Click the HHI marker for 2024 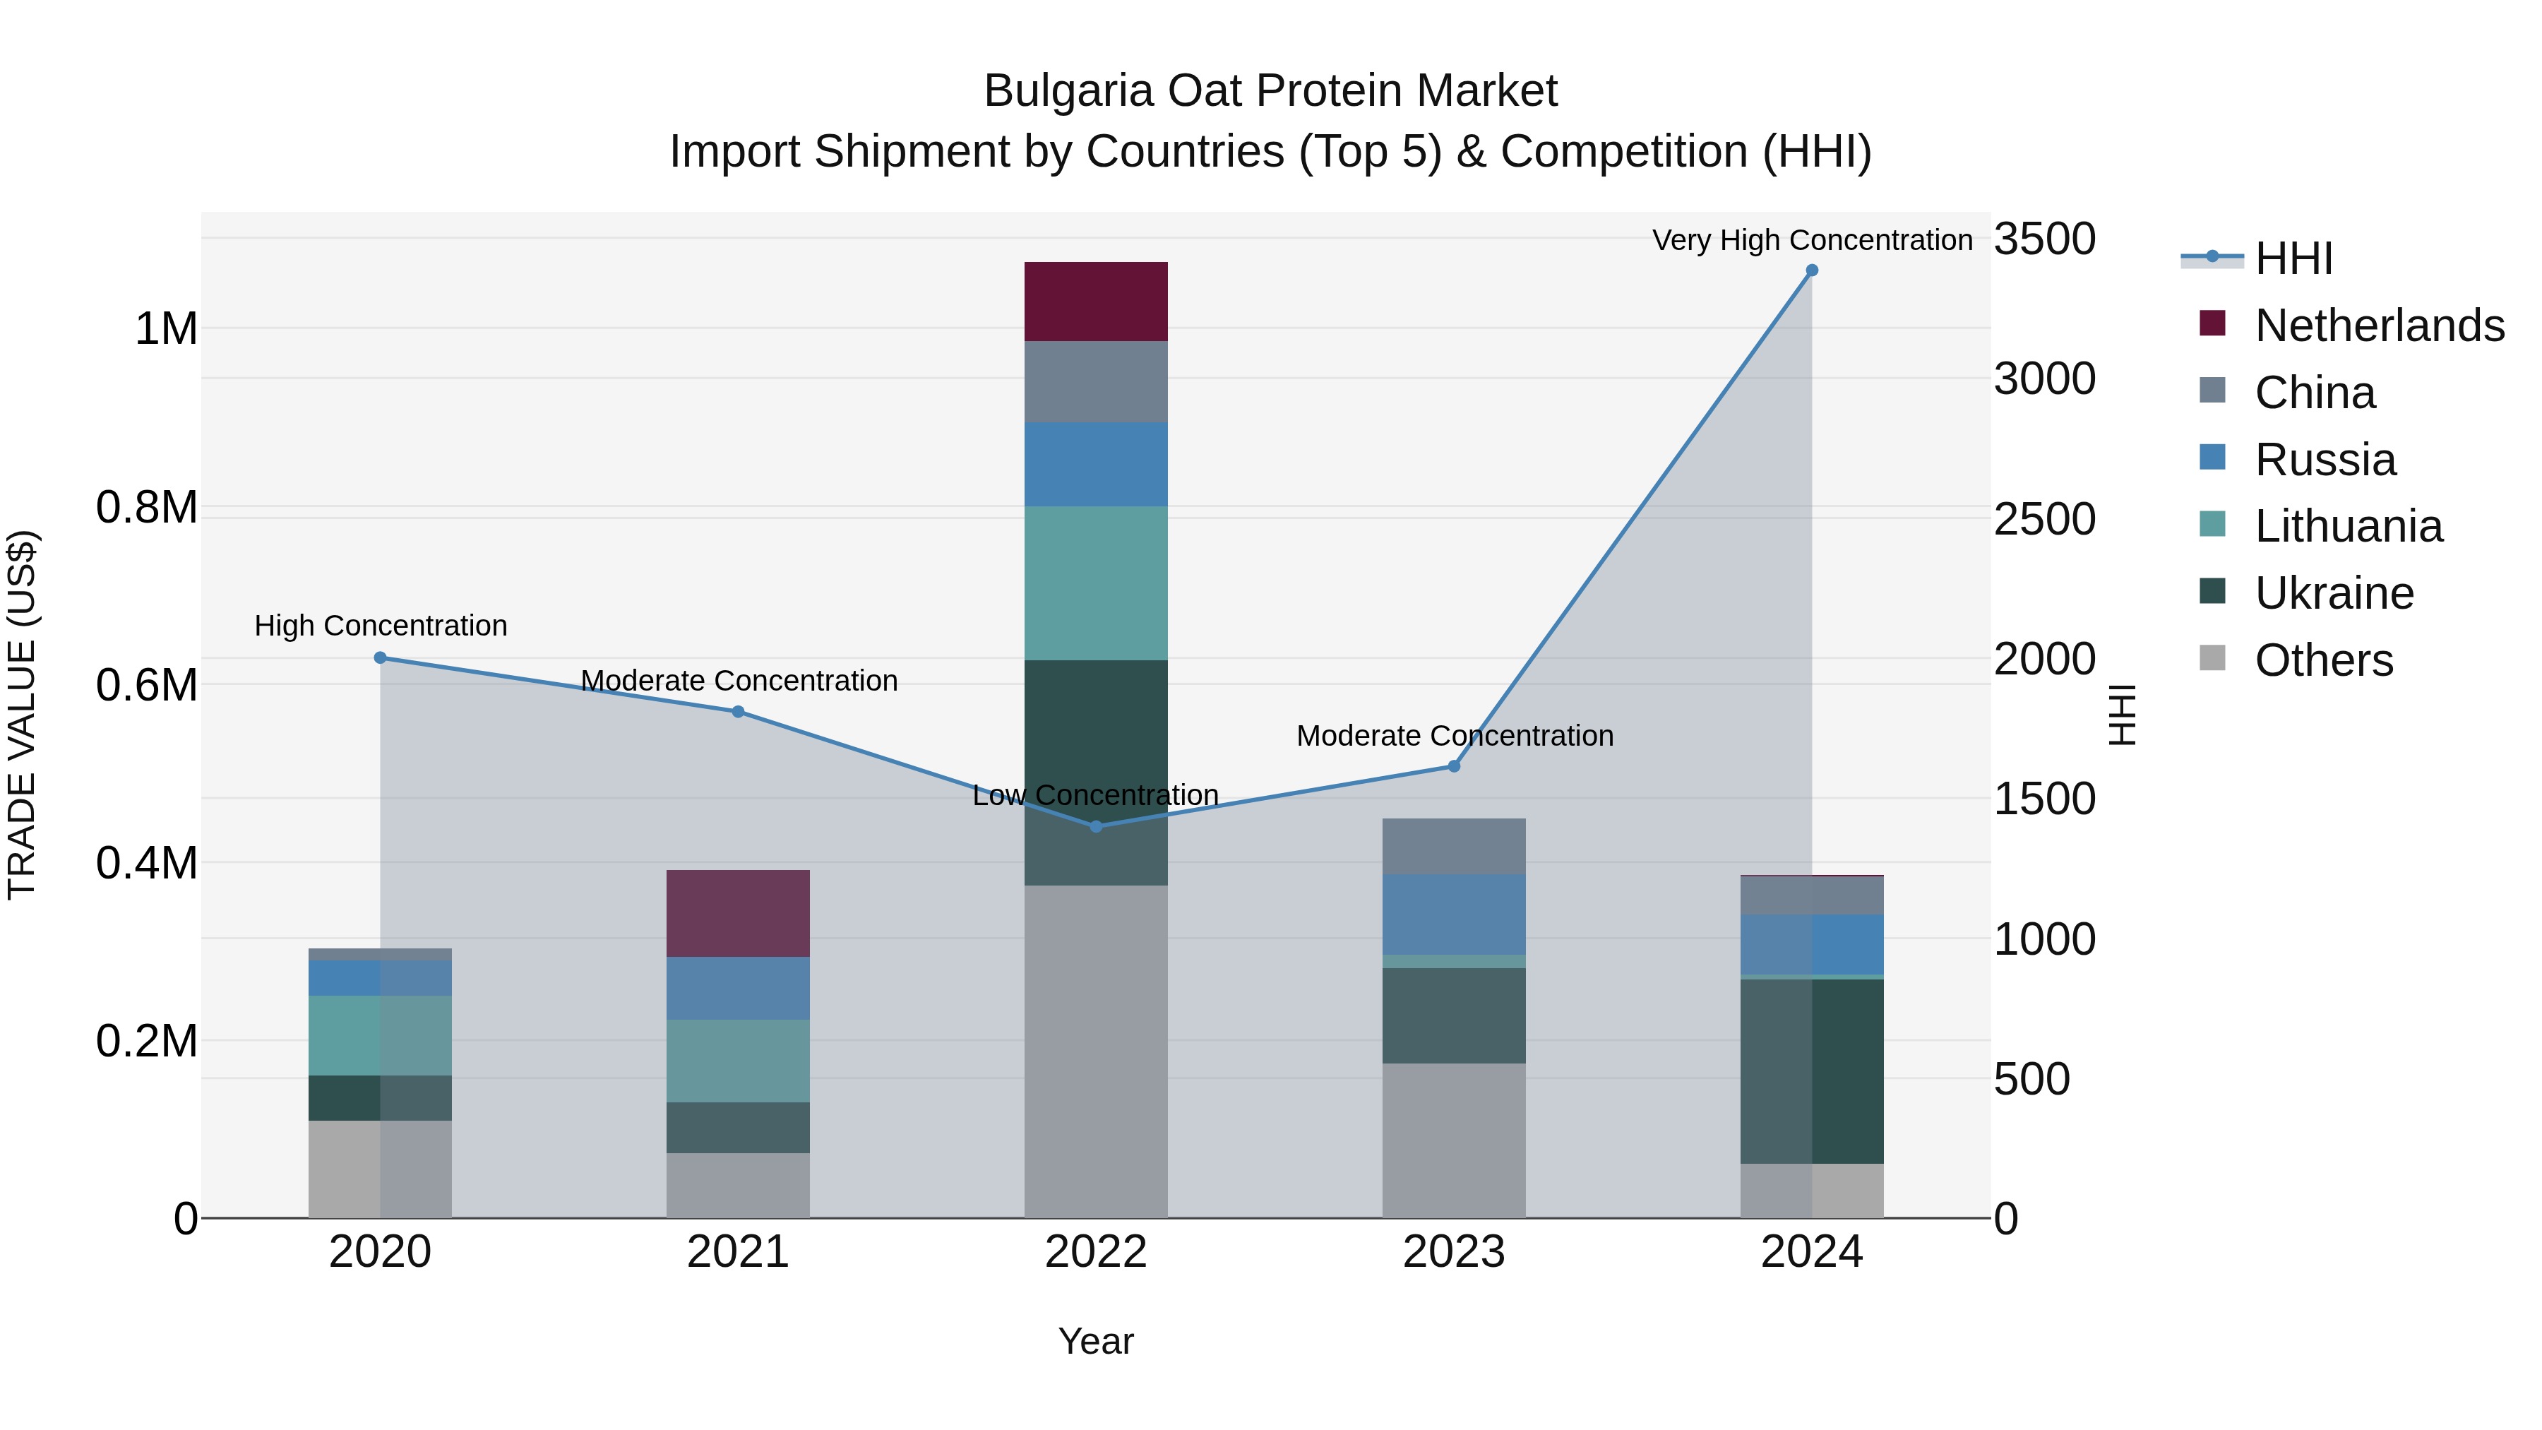[x=1812, y=270]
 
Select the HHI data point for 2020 [x=380, y=657]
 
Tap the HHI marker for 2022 [x=1095, y=826]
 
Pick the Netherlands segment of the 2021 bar [x=738, y=913]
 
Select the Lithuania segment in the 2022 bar [x=1095, y=583]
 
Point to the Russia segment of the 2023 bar [x=1454, y=914]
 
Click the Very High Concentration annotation [x=1812, y=240]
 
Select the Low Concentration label [x=1095, y=794]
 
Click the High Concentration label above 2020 [x=380, y=626]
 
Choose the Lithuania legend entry [x=2348, y=526]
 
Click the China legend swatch [x=2212, y=390]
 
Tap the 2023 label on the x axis [x=1454, y=1252]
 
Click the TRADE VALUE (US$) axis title [x=22, y=715]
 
